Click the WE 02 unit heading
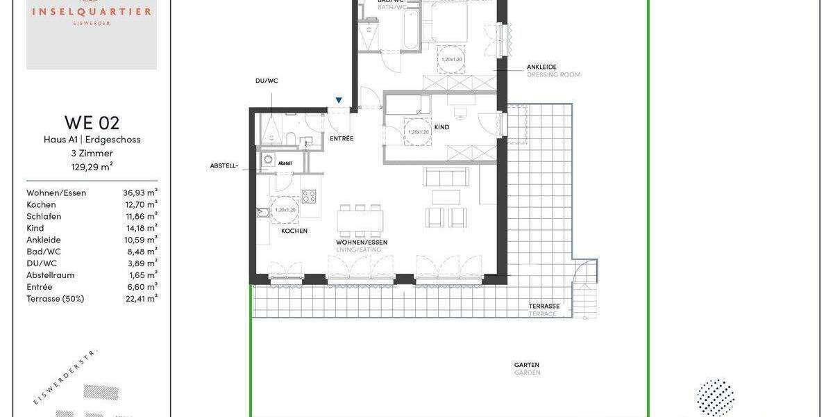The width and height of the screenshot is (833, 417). (x=92, y=123)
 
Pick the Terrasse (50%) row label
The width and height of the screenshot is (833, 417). (x=55, y=299)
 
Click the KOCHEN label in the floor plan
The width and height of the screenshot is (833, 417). (x=294, y=231)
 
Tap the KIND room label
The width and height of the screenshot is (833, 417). (x=441, y=127)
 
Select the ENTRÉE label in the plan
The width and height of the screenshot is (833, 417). (x=342, y=138)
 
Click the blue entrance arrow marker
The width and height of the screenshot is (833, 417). (x=339, y=100)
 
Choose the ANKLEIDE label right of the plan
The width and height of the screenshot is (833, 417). (x=541, y=67)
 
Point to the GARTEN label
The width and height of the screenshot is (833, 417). (x=526, y=365)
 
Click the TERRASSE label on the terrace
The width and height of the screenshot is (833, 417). (x=544, y=306)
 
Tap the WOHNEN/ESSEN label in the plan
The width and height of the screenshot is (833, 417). (x=362, y=242)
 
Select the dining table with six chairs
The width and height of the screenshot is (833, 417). (x=360, y=221)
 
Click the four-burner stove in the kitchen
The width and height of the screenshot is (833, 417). (x=309, y=196)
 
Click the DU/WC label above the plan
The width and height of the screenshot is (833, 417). (x=267, y=81)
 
